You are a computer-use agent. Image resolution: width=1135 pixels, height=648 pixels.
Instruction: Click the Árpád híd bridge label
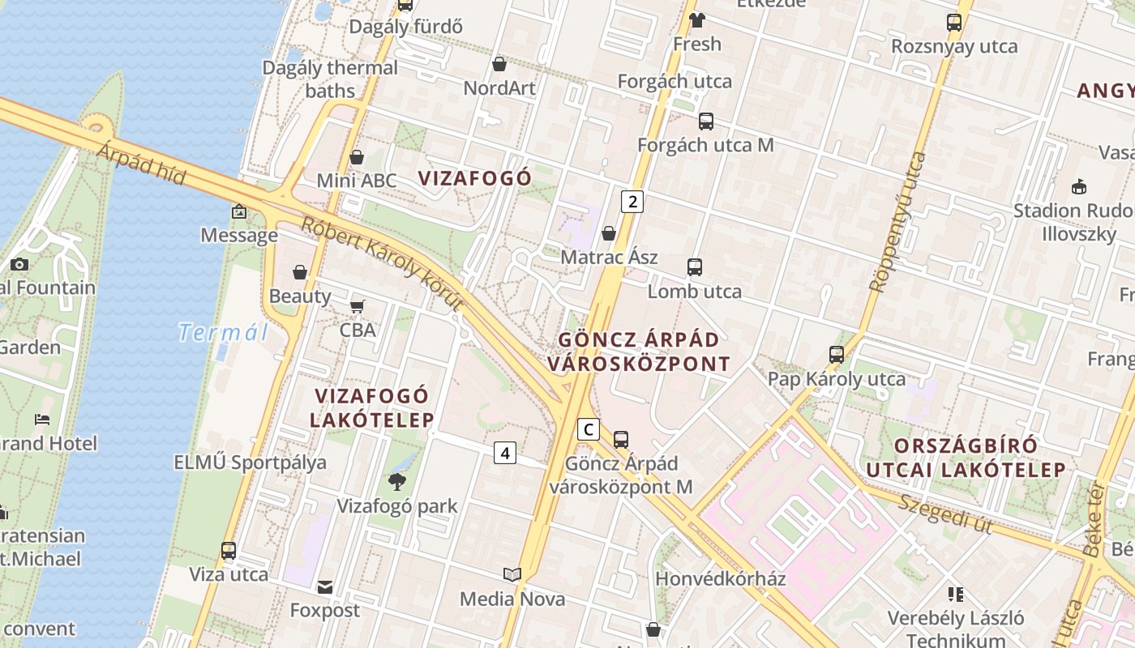(143, 164)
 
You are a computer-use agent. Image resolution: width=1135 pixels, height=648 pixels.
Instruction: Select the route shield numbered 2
(632, 202)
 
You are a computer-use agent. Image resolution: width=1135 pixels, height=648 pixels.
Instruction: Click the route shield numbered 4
(505, 453)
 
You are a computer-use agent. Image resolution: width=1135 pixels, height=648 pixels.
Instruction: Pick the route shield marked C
(589, 429)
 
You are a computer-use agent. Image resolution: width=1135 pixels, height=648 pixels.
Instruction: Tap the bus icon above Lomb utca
(695, 267)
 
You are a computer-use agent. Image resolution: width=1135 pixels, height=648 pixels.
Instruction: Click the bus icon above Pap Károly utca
(837, 355)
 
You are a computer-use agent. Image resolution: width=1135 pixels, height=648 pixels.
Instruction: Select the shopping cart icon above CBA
(357, 306)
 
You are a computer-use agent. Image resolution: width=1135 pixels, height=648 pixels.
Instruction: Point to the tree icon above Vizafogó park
(397, 482)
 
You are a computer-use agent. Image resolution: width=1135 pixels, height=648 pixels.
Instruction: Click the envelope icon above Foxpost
(325, 586)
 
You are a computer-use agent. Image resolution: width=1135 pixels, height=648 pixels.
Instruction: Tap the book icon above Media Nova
(512, 574)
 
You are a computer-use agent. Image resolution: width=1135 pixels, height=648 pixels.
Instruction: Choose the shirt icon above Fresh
(696, 20)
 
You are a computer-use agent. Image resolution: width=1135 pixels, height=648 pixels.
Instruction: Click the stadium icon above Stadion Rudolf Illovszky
(1079, 187)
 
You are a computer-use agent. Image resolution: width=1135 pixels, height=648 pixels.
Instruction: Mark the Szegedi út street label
(945, 514)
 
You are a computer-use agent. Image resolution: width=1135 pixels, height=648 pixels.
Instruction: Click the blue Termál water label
(223, 332)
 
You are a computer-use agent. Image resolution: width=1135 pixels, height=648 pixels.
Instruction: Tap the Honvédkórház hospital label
(721, 578)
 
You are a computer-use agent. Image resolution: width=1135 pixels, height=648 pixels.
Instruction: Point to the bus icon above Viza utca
(229, 551)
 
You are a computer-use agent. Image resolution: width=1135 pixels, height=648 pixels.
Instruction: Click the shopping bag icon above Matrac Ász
(609, 234)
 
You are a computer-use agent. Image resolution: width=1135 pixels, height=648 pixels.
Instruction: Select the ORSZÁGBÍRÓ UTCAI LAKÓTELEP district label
(966, 458)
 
